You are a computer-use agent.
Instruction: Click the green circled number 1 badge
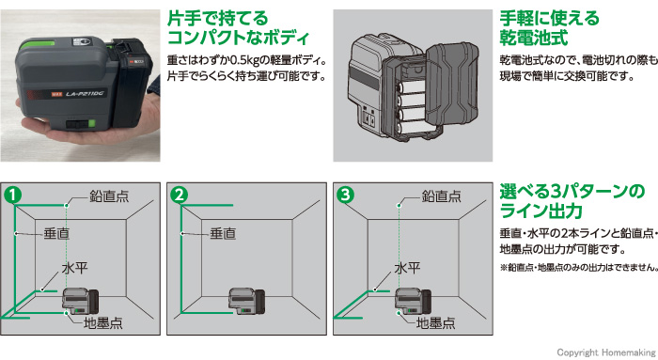(12, 195)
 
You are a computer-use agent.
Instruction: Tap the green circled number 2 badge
(180, 195)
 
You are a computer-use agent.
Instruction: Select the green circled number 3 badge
(345, 195)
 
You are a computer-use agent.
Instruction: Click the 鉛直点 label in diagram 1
(109, 196)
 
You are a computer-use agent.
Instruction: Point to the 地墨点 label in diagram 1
(103, 323)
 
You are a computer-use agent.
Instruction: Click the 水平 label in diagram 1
(74, 268)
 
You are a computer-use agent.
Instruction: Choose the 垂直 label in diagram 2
(223, 233)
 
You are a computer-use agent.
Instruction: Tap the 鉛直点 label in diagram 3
(442, 196)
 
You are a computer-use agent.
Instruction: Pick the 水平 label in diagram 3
(407, 268)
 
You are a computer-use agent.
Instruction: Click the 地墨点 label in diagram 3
(435, 323)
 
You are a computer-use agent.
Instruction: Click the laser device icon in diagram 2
(246, 302)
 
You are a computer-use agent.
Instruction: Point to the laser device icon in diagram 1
(81, 302)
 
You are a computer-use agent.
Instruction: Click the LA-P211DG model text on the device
(86, 93)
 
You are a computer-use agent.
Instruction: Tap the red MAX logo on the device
(56, 95)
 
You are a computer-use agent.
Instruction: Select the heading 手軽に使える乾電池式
(549, 28)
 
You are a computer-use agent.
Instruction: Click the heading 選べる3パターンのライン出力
(572, 201)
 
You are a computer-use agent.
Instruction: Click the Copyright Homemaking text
(606, 352)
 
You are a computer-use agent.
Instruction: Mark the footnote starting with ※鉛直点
(579, 267)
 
